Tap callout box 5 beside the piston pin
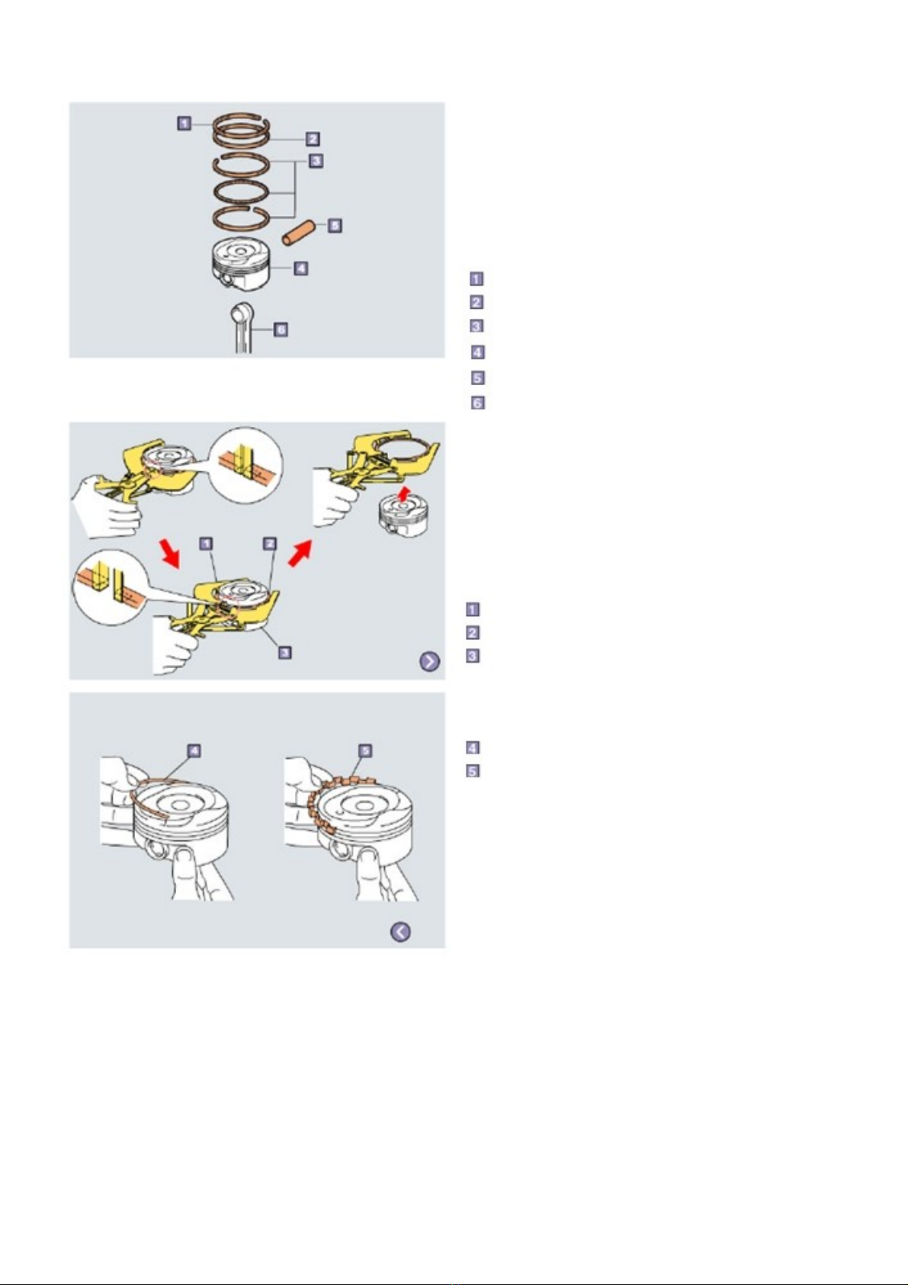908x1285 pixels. [335, 225]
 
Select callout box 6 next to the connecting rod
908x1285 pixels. [280, 329]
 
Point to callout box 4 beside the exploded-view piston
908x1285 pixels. [300, 268]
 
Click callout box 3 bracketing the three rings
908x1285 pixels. [316, 161]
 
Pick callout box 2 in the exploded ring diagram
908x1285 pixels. [312, 138]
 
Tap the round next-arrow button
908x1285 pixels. [430, 661]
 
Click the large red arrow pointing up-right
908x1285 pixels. [300, 554]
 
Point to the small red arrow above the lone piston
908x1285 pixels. [404, 493]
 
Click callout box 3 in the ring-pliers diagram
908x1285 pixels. [284, 652]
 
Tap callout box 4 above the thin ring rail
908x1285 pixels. [194, 750]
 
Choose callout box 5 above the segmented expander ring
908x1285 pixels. [364, 750]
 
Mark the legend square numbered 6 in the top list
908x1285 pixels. [477, 403]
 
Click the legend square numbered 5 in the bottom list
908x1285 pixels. [473, 770]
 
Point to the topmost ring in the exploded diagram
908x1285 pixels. [240, 121]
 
